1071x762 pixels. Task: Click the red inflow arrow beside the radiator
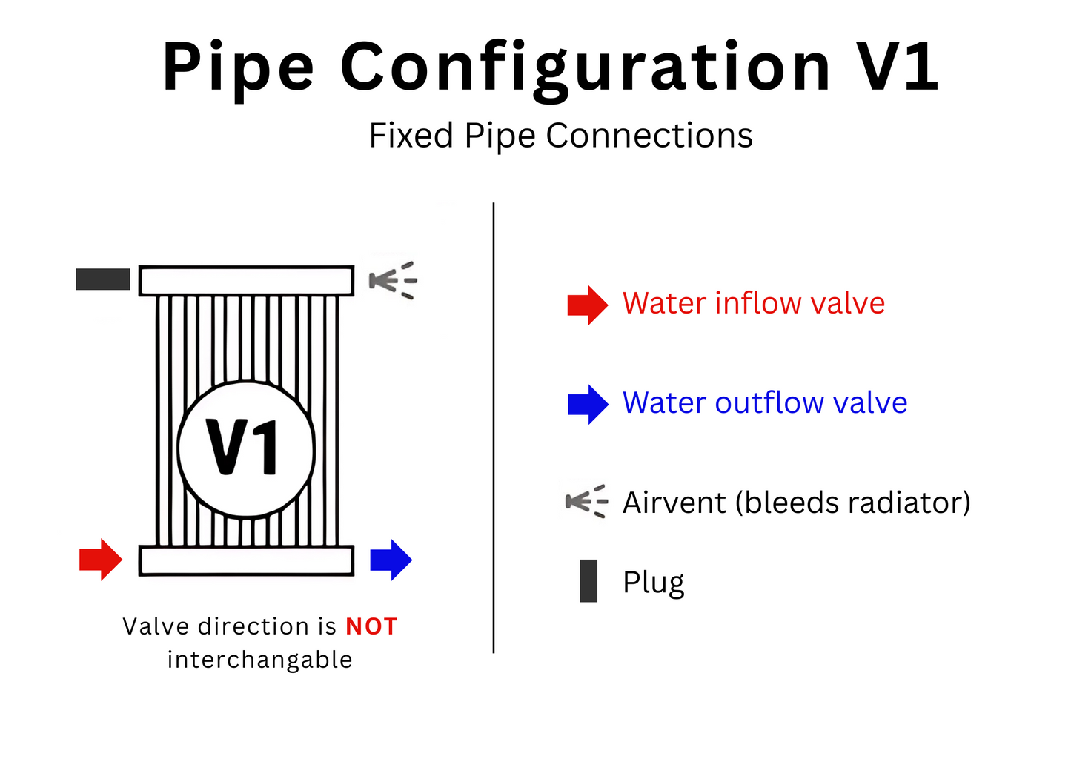tap(100, 559)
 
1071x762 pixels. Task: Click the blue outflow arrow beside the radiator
tap(391, 560)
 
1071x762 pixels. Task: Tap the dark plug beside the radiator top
tap(103, 279)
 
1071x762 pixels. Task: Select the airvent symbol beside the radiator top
tap(393, 280)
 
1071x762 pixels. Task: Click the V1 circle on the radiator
tap(247, 448)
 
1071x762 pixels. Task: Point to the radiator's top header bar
tap(247, 281)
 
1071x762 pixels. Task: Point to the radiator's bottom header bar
tap(247, 560)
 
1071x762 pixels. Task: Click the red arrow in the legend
tap(587, 305)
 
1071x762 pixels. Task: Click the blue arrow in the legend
tap(588, 404)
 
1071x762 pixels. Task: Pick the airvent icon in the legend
tap(586, 502)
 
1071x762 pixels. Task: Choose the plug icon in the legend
tap(588, 581)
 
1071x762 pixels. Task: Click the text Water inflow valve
tap(754, 303)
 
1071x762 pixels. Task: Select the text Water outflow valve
tap(765, 402)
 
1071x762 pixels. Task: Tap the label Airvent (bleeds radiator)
tap(797, 503)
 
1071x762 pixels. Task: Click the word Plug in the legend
tap(653, 583)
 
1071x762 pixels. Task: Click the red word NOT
tap(371, 627)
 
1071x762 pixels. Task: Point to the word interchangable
tap(259, 659)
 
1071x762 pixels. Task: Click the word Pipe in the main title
tap(239, 68)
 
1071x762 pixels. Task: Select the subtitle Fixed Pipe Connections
tap(561, 136)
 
